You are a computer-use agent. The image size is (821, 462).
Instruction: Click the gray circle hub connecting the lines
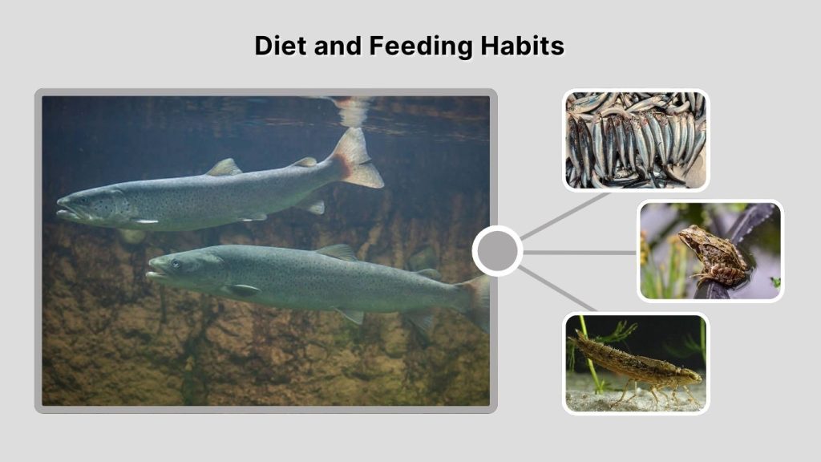[497, 251]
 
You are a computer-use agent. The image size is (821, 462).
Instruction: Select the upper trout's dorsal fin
[224, 167]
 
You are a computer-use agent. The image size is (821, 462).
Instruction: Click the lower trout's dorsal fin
[337, 252]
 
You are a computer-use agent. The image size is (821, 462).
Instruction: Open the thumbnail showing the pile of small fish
[636, 140]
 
